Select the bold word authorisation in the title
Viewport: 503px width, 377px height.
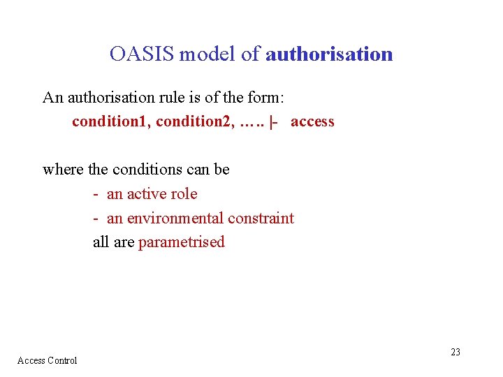329,54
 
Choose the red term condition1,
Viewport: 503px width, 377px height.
112,121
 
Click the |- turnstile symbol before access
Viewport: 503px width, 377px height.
273,121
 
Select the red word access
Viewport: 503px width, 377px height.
312,121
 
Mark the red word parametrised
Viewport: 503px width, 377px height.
182,243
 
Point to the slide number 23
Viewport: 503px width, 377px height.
455,352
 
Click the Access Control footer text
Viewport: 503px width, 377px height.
47,360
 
